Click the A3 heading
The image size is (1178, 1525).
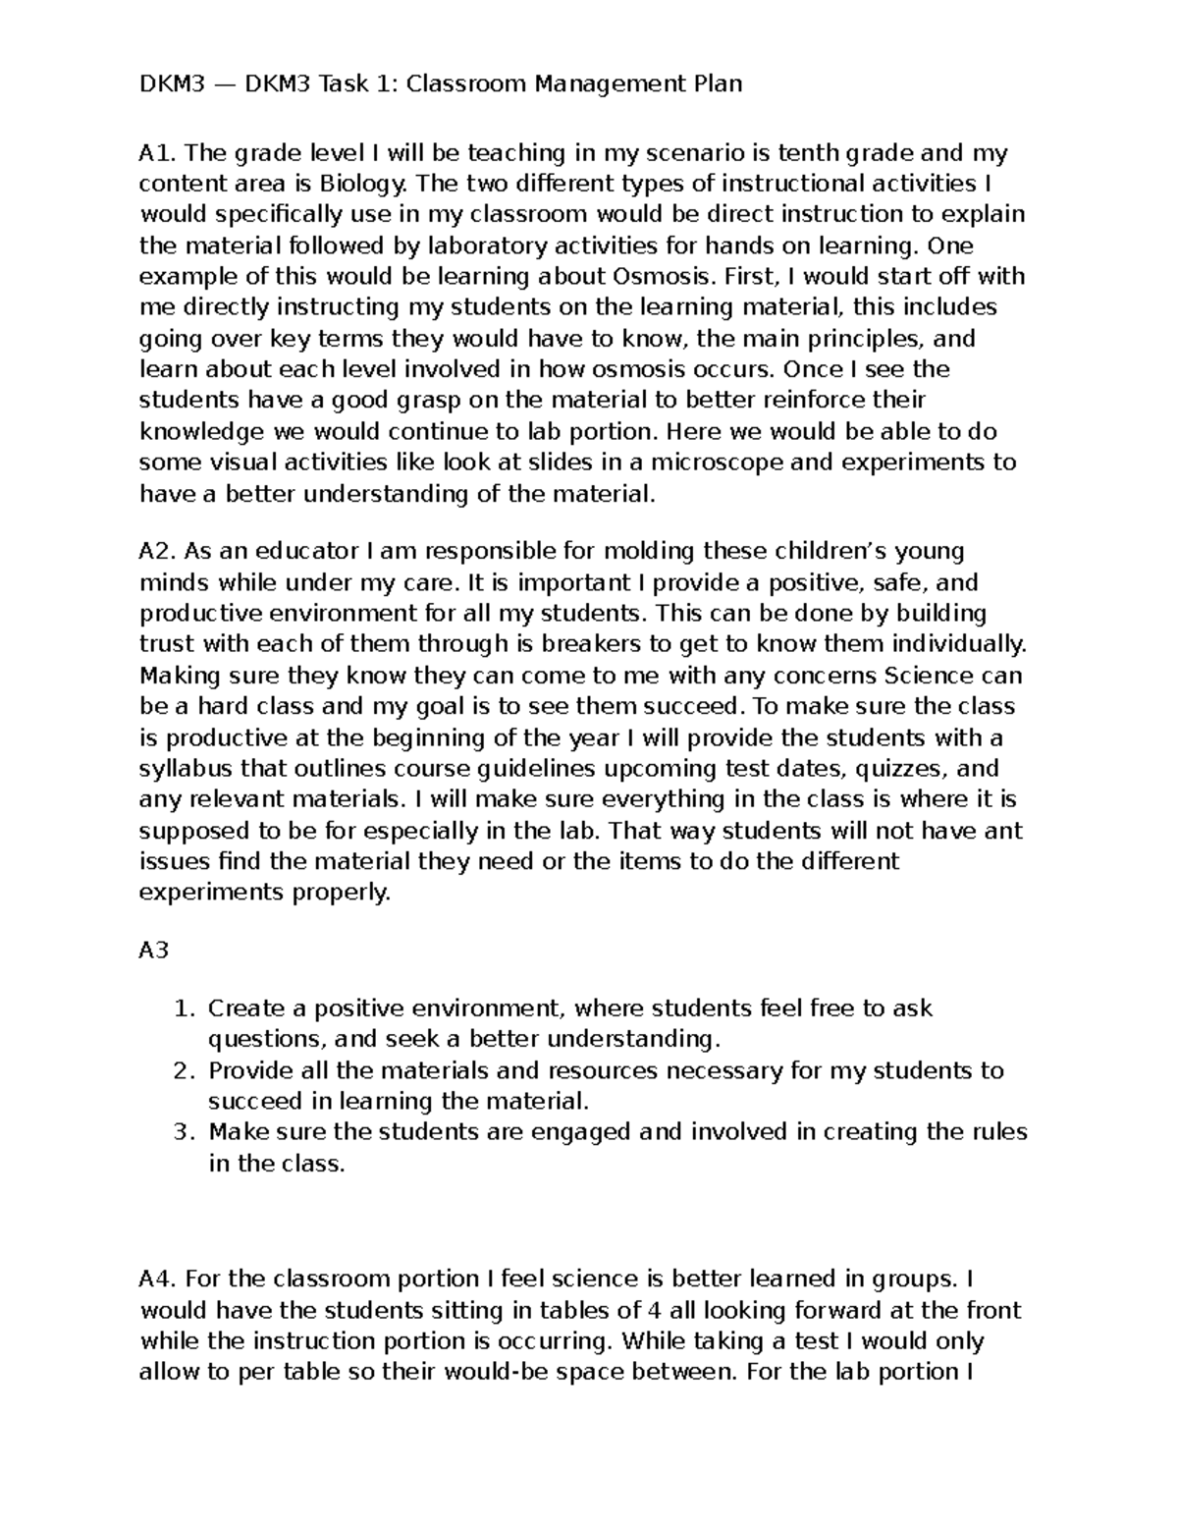click(154, 952)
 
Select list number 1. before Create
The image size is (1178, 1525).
click(186, 1008)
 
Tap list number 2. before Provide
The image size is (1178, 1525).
click(186, 1070)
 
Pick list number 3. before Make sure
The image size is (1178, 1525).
click(186, 1132)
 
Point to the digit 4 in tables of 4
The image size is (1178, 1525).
click(656, 1311)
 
